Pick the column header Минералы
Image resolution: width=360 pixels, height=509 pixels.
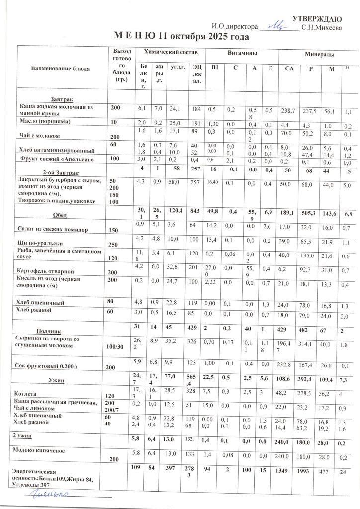point(319,54)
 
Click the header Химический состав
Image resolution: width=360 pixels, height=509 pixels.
point(171,52)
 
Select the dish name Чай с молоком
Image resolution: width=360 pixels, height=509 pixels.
point(39,135)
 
